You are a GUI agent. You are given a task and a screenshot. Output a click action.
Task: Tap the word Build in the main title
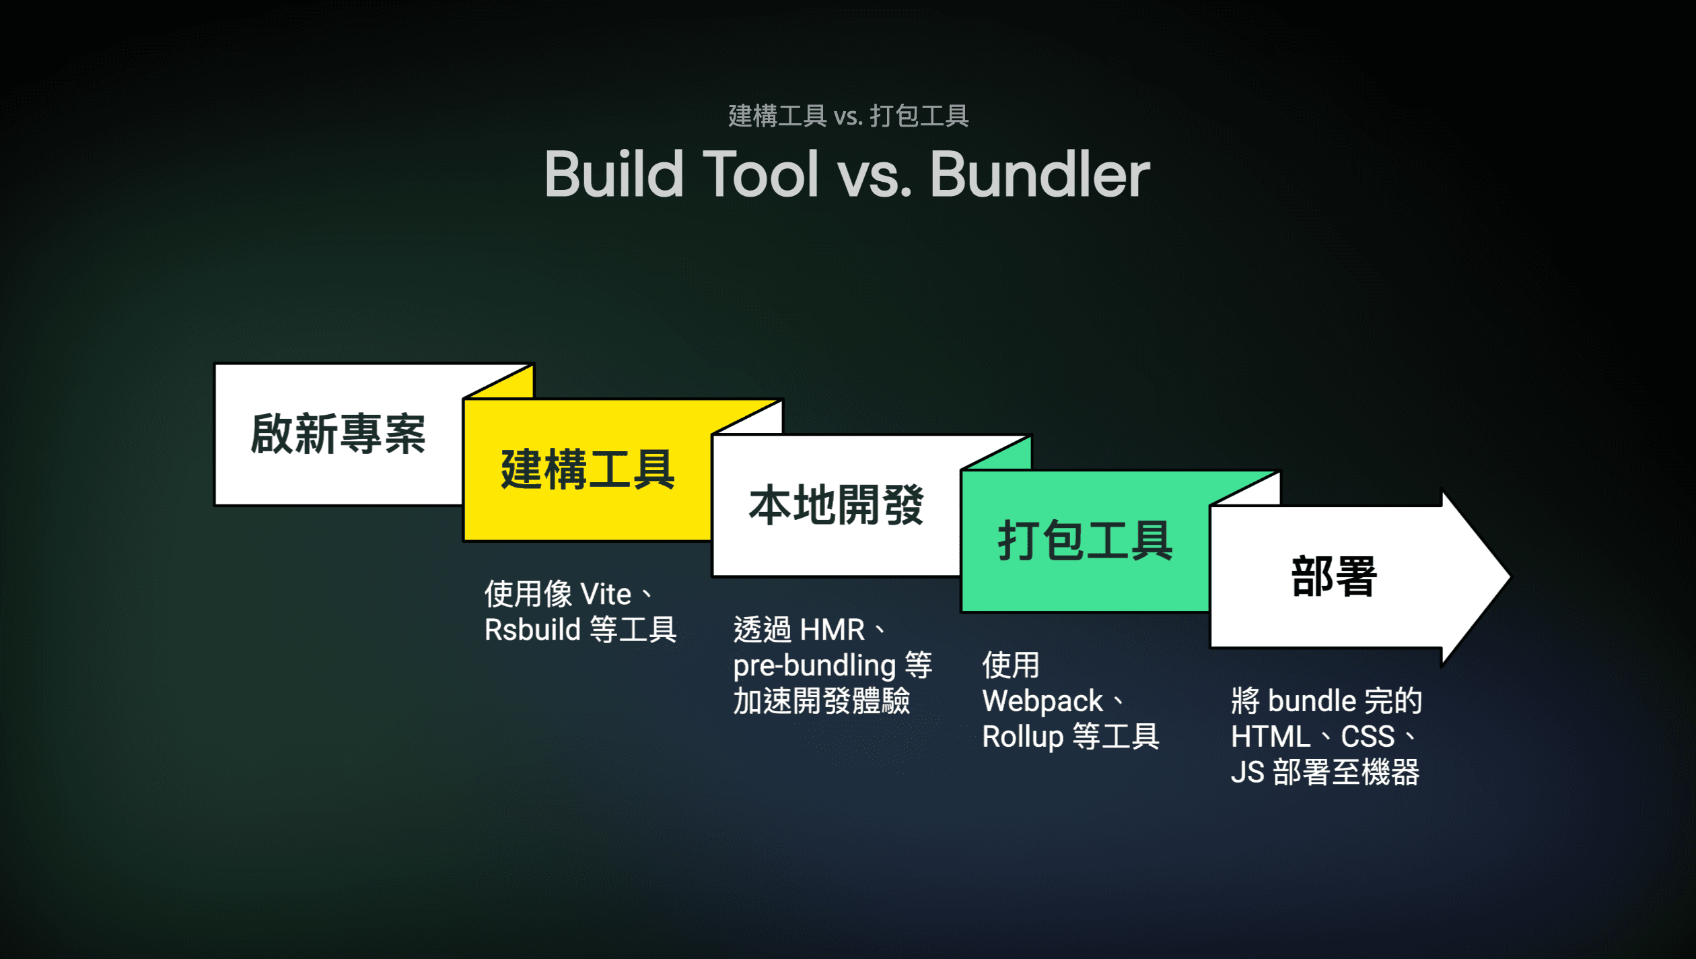[x=613, y=174]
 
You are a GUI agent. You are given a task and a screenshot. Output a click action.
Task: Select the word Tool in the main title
[x=761, y=174]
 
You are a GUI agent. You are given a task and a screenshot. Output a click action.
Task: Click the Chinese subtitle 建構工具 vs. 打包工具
[x=848, y=116]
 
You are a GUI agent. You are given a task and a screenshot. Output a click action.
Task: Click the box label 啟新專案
[x=338, y=434]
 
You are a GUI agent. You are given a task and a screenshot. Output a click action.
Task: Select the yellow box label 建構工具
[x=588, y=469]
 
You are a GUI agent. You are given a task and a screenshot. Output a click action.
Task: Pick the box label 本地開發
[x=836, y=505]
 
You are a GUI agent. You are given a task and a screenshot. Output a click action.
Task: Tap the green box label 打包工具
[x=1085, y=541]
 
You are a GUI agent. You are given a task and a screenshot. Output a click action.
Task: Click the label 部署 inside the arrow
[x=1334, y=576]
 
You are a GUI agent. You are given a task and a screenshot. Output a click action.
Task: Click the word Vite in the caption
[x=606, y=595]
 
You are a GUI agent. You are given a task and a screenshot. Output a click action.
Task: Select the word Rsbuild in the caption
[x=532, y=630]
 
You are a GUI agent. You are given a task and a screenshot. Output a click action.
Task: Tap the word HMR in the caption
[x=832, y=630]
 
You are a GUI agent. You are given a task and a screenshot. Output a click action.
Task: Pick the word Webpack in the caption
[x=1042, y=702]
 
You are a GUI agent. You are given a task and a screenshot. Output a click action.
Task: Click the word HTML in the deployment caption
[x=1270, y=737]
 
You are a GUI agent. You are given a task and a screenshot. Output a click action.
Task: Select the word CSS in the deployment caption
[x=1368, y=737]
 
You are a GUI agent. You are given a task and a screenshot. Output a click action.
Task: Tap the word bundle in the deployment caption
[x=1312, y=701]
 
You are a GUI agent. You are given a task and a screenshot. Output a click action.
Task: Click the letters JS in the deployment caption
[x=1247, y=772]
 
